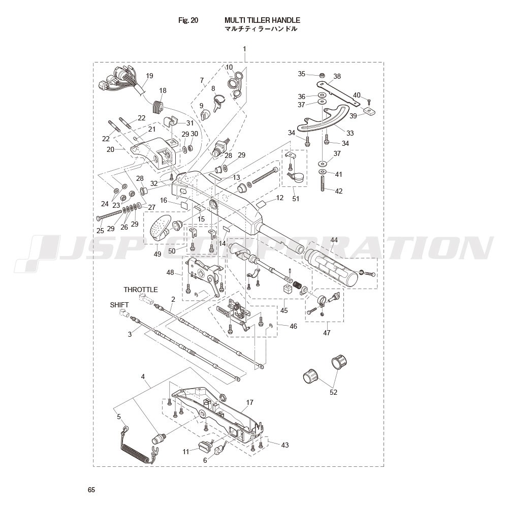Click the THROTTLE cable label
click(141, 290)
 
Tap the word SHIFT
click(119, 305)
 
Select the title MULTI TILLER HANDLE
click(263, 20)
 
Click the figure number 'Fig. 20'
click(188, 20)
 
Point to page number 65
click(91, 490)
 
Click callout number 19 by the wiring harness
click(149, 76)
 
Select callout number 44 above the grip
click(334, 240)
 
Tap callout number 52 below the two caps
click(333, 392)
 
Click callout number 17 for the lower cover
click(249, 402)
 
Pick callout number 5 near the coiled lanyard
click(119, 417)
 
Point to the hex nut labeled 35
click(322, 75)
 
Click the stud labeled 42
click(323, 183)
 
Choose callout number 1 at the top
click(245, 49)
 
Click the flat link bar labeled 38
click(338, 93)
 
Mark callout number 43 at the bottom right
click(284, 445)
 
